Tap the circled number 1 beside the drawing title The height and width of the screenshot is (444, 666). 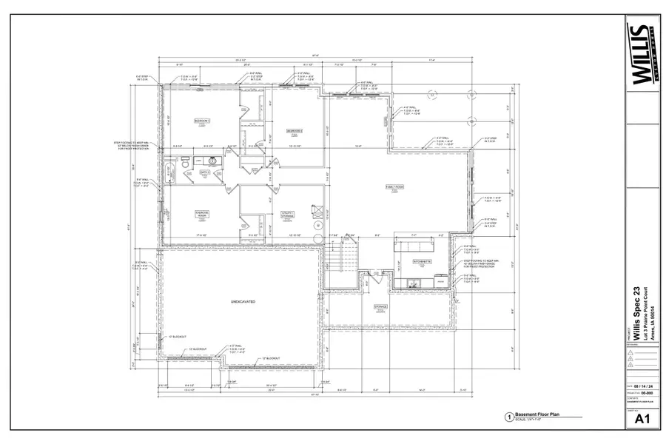(x=508, y=418)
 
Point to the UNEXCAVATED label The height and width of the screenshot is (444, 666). (x=242, y=303)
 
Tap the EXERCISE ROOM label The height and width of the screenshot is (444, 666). (x=202, y=213)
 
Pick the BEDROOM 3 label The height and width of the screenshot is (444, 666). (x=202, y=120)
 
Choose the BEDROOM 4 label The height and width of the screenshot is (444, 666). (x=295, y=130)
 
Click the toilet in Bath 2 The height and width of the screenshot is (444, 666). (x=184, y=161)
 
